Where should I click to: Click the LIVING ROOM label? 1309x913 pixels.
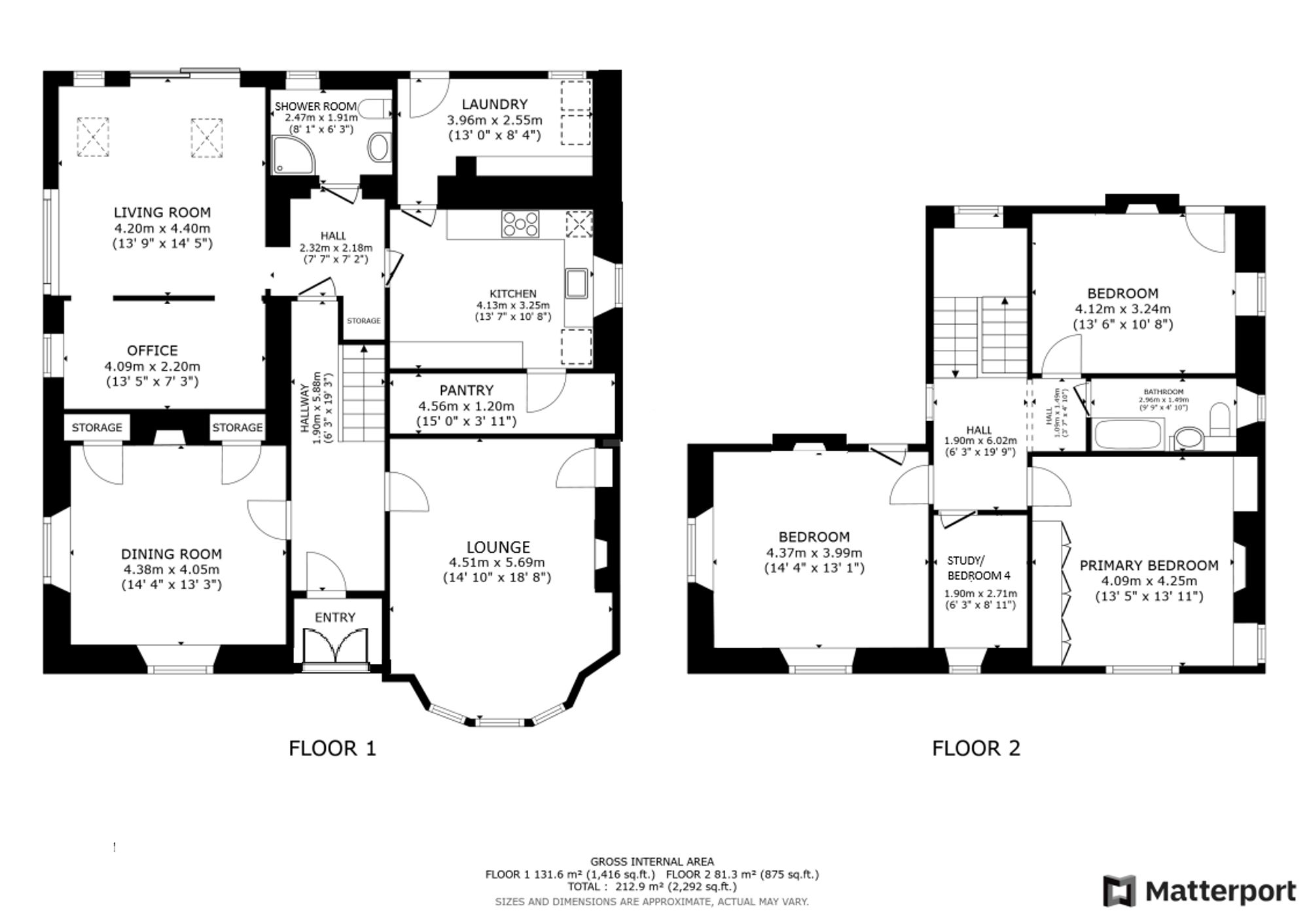point(162,213)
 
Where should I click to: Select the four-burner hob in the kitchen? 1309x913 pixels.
point(520,224)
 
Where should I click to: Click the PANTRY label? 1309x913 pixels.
point(466,390)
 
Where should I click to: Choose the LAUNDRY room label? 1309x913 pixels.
point(494,104)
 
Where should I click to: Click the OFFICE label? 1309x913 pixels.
point(152,351)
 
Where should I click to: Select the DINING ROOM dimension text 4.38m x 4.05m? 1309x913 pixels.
point(171,570)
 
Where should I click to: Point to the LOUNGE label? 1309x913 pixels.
point(498,547)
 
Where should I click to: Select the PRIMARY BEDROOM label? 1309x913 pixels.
point(1149,565)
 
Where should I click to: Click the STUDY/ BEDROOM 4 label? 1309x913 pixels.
point(979,568)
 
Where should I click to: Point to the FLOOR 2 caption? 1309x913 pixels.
point(976,748)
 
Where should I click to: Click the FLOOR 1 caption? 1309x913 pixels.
point(332,748)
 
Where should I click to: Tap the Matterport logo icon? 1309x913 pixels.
point(1119,891)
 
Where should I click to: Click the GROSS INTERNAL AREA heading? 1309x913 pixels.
point(652,862)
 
